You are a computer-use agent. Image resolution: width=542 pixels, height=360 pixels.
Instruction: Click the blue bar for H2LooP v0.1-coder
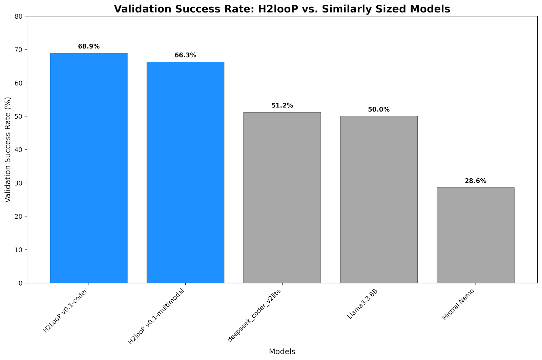89,168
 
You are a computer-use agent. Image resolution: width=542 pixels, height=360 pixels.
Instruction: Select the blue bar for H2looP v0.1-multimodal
185,172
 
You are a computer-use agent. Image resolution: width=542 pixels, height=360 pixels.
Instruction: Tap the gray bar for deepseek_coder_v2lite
282,197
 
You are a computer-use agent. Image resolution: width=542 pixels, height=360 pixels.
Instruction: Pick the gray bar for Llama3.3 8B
379,199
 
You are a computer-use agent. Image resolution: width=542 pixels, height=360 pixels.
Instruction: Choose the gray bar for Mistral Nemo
475,235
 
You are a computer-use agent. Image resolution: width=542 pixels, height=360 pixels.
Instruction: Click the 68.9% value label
89,46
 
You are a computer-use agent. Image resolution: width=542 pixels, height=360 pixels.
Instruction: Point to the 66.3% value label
185,55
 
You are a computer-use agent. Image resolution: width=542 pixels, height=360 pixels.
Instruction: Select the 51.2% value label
282,105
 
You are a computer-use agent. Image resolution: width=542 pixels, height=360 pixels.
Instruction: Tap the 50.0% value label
379,109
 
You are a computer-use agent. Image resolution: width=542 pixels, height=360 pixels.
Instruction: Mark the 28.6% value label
475,181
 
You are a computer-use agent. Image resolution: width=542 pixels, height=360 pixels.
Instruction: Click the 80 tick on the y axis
19,16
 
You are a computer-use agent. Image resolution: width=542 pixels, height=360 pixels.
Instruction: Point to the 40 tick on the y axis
19,150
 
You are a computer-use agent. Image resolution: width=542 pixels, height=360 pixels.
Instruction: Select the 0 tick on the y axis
21,283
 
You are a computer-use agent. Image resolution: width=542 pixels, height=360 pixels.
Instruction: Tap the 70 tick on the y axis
19,50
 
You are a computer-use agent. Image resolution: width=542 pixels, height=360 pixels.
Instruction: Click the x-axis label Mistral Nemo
458,304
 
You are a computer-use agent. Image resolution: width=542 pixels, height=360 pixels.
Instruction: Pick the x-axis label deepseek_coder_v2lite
255,315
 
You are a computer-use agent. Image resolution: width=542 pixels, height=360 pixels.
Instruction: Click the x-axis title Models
282,352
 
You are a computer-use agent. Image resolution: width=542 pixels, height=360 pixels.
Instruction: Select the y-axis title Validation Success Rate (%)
8,149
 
